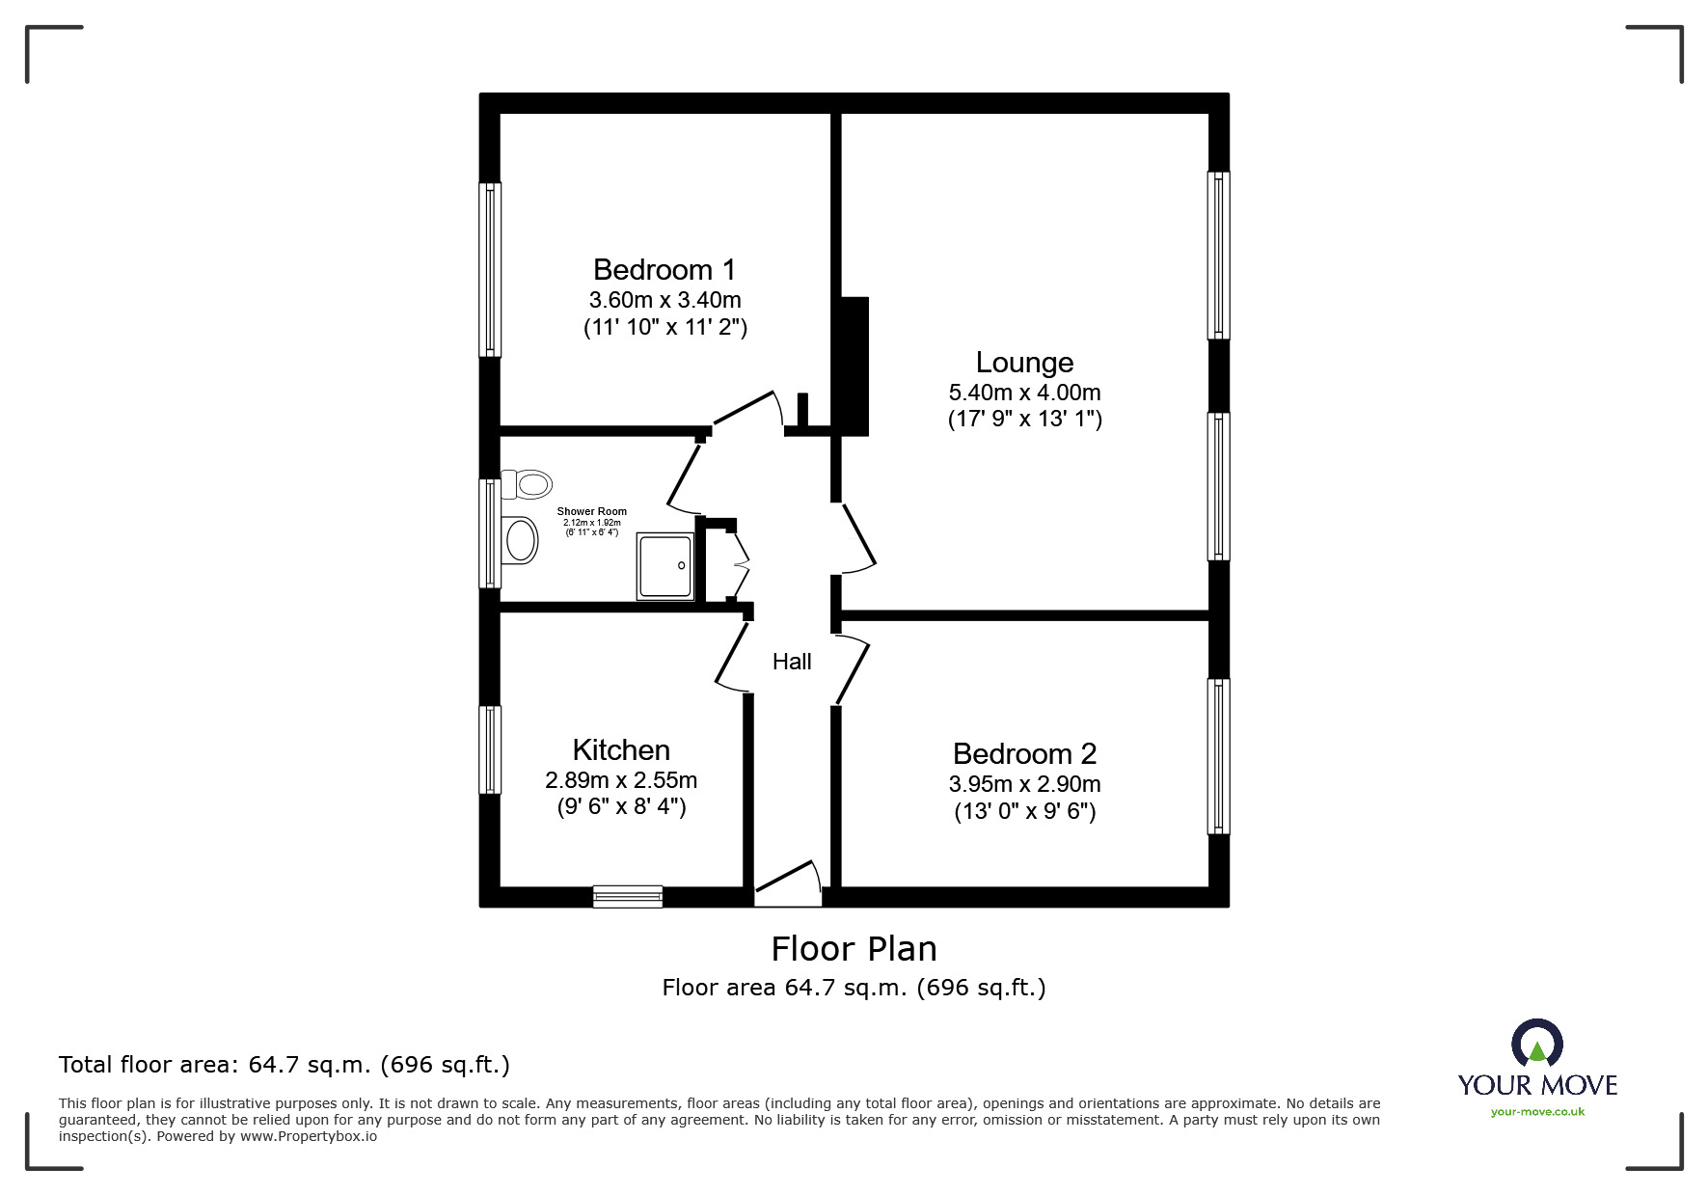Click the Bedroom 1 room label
click(664, 269)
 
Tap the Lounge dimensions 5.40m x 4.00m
click(1024, 393)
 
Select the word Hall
click(792, 662)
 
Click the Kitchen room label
click(621, 749)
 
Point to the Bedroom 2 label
click(1024, 753)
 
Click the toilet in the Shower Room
click(528, 483)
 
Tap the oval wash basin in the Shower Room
click(521, 540)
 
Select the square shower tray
click(664, 567)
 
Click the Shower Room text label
click(591, 512)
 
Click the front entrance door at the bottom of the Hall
click(787, 886)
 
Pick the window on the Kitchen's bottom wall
click(628, 897)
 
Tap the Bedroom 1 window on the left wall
click(490, 270)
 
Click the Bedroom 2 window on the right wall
click(1219, 756)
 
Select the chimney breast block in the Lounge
click(855, 366)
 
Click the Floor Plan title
click(854, 949)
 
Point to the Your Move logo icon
click(1536, 1044)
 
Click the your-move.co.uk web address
click(1537, 1112)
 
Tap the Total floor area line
click(285, 1065)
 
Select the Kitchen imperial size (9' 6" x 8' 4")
click(621, 806)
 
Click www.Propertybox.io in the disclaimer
click(308, 1136)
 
